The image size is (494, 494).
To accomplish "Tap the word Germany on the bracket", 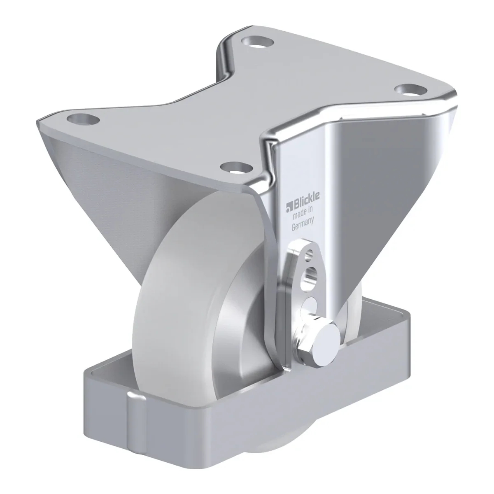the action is [303, 225].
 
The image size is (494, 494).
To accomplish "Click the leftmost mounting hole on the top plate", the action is [83, 119].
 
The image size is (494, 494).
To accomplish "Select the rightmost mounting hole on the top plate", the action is [411, 90].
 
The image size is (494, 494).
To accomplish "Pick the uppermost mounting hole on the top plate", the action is [258, 41].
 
